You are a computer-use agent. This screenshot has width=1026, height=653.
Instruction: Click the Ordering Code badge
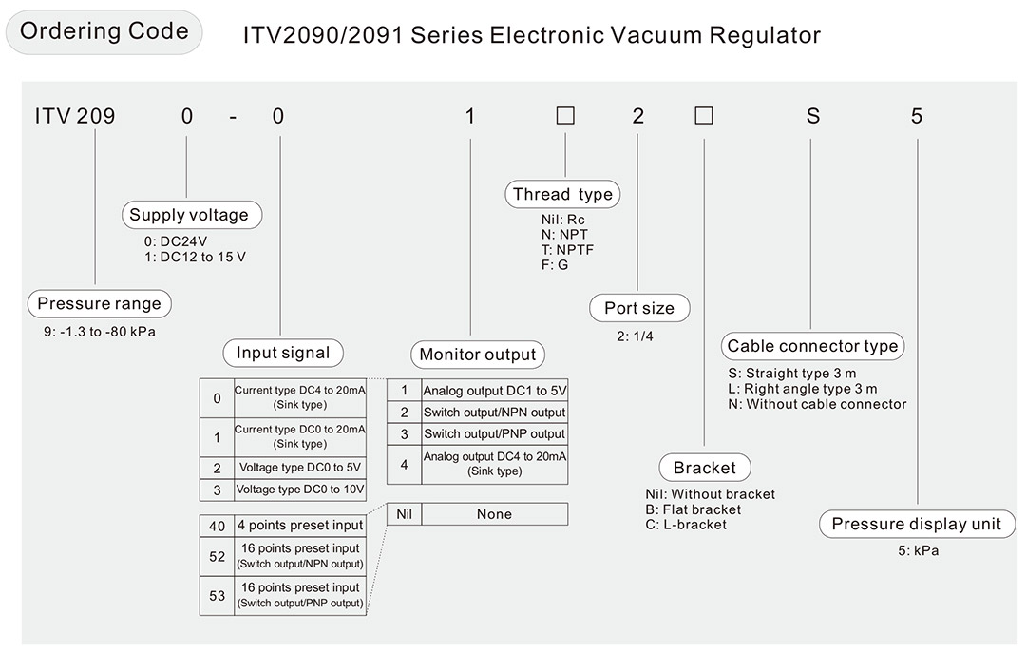point(104,31)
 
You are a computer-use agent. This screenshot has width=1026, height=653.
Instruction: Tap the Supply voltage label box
point(189,215)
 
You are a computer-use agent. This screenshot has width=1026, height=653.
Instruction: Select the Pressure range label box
point(99,304)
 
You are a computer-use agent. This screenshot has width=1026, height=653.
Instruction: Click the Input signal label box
point(283,353)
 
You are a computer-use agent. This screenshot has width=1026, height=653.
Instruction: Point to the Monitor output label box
point(478,355)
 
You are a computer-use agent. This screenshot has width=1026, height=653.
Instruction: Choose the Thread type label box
point(562,195)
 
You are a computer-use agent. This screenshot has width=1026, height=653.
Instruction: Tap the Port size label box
point(639,308)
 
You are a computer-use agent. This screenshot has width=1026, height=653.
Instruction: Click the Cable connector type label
point(812,346)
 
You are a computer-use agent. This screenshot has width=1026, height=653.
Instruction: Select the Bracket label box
point(704,468)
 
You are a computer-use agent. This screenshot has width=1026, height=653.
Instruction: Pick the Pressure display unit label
point(917,524)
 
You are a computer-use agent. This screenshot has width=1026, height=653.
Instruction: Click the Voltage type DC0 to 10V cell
point(300,490)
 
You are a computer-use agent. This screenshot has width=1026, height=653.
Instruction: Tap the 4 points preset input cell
point(300,525)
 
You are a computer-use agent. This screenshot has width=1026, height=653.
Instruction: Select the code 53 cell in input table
point(218,595)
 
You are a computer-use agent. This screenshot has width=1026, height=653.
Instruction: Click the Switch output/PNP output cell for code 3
point(494,433)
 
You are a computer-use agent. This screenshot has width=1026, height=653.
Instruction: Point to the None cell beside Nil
point(494,514)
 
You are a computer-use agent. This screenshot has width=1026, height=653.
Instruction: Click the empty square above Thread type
point(565,116)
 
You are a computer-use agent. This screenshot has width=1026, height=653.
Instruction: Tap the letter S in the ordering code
point(812,116)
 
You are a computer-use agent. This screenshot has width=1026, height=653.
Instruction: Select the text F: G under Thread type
point(555,264)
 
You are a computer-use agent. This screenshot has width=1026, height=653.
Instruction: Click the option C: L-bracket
point(685,525)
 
